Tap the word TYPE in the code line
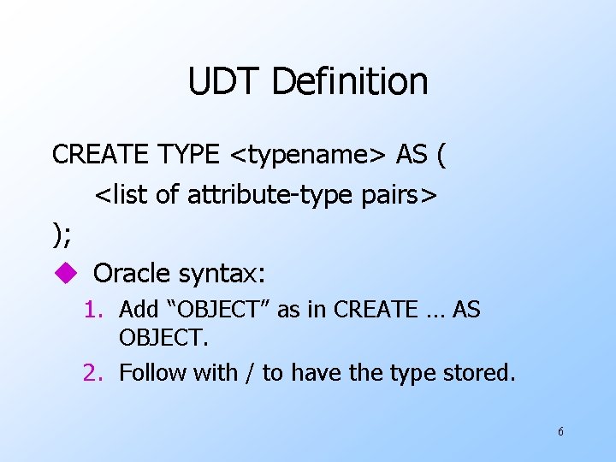click(189, 155)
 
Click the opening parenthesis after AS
click(441, 156)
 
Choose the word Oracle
click(131, 274)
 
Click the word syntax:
click(222, 275)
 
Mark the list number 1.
click(93, 310)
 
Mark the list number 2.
click(93, 372)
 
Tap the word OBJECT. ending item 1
click(163, 339)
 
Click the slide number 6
click(560, 432)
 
